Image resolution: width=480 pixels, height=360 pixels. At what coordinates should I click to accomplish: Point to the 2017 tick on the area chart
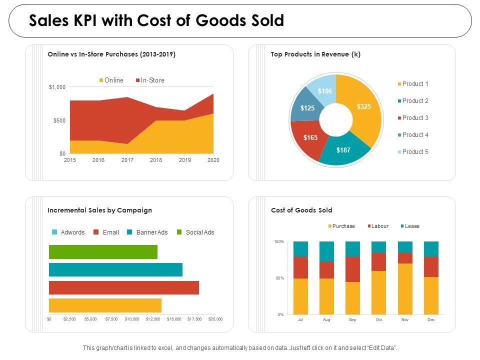[x=127, y=160]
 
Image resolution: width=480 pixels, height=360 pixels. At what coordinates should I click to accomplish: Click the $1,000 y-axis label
[x=57, y=87]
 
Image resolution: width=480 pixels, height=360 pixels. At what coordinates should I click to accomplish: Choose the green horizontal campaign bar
[x=103, y=252]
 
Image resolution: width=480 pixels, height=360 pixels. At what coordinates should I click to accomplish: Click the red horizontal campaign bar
[x=123, y=288]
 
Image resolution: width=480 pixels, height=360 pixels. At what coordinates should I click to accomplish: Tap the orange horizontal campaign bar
[x=105, y=305]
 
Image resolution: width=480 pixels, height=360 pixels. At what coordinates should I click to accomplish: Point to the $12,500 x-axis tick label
[x=153, y=319]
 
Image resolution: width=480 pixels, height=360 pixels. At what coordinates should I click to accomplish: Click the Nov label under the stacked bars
[x=405, y=319]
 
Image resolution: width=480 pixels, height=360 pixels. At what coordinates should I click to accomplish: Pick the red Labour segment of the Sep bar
[x=352, y=269]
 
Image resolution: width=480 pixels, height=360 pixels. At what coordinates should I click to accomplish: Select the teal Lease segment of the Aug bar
[x=326, y=251]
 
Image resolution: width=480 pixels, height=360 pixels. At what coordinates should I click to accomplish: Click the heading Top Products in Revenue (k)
[x=315, y=55]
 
